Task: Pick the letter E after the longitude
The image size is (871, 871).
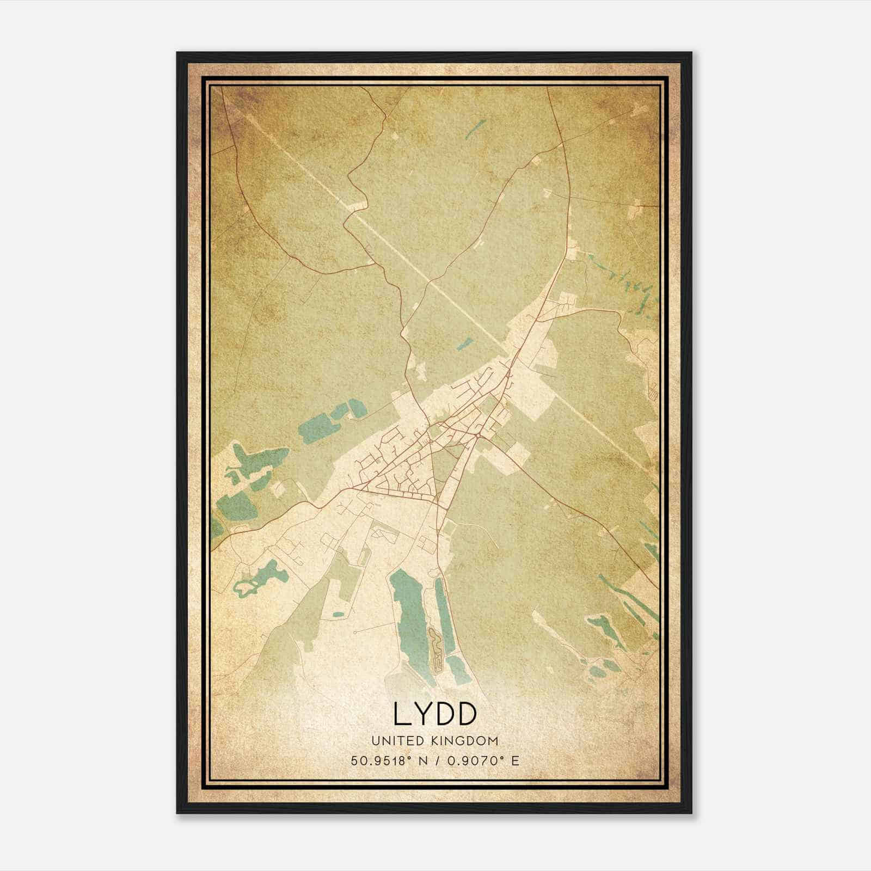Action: coord(514,761)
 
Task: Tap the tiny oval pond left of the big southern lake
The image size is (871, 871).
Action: coord(338,615)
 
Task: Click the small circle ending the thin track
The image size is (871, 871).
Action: coord(354,633)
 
